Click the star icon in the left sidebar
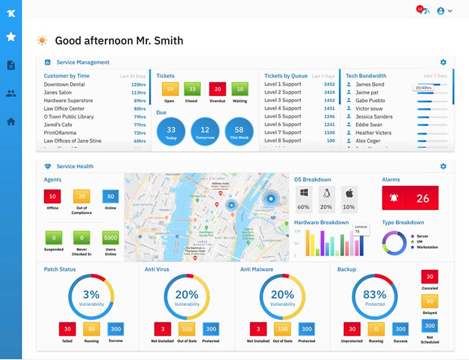11,37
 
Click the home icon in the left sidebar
11,122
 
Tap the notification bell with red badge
422,11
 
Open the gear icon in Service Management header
443,62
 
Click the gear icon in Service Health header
443,167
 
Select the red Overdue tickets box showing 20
217,89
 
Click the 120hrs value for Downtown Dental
138,84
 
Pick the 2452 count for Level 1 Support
329,84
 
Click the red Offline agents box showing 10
53,196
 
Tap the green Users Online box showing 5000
110,238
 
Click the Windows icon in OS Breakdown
303,193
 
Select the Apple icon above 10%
349,193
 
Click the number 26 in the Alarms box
423,199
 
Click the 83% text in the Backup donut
375,294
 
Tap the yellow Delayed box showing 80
429,301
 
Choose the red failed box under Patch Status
67,329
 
